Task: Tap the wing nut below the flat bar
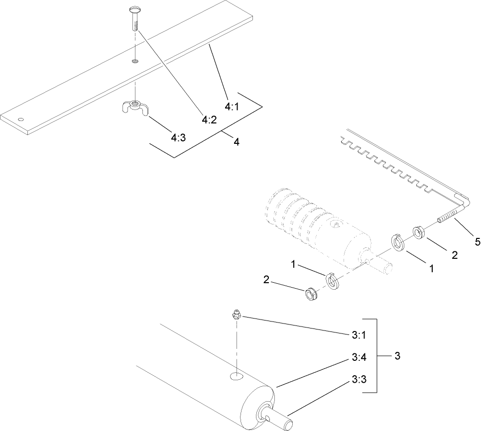tap(135, 107)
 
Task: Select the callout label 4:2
tap(209, 120)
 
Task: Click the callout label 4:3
tap(178, 138)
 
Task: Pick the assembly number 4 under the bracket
tap(236, 142)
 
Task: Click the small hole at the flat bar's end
tap(20, 119)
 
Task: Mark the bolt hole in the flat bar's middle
tap(135, 61)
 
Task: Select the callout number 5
tap(477, 242)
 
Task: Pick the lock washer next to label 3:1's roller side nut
tap(332, 281)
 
